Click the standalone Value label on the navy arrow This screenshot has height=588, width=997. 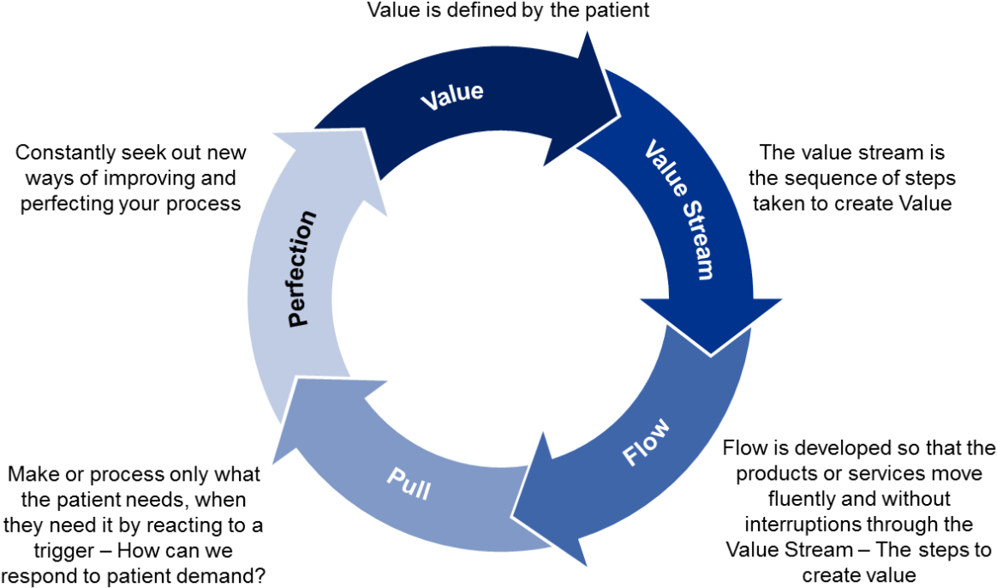(x=451, y=95)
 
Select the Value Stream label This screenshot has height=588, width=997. (x=678, y=209)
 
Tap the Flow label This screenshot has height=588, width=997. (x=647, y=442)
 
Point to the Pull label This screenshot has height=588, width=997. (x=409, y=483)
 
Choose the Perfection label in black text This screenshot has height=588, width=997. (x=301, y=268)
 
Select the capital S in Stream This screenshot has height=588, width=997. (x=680, y=210)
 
